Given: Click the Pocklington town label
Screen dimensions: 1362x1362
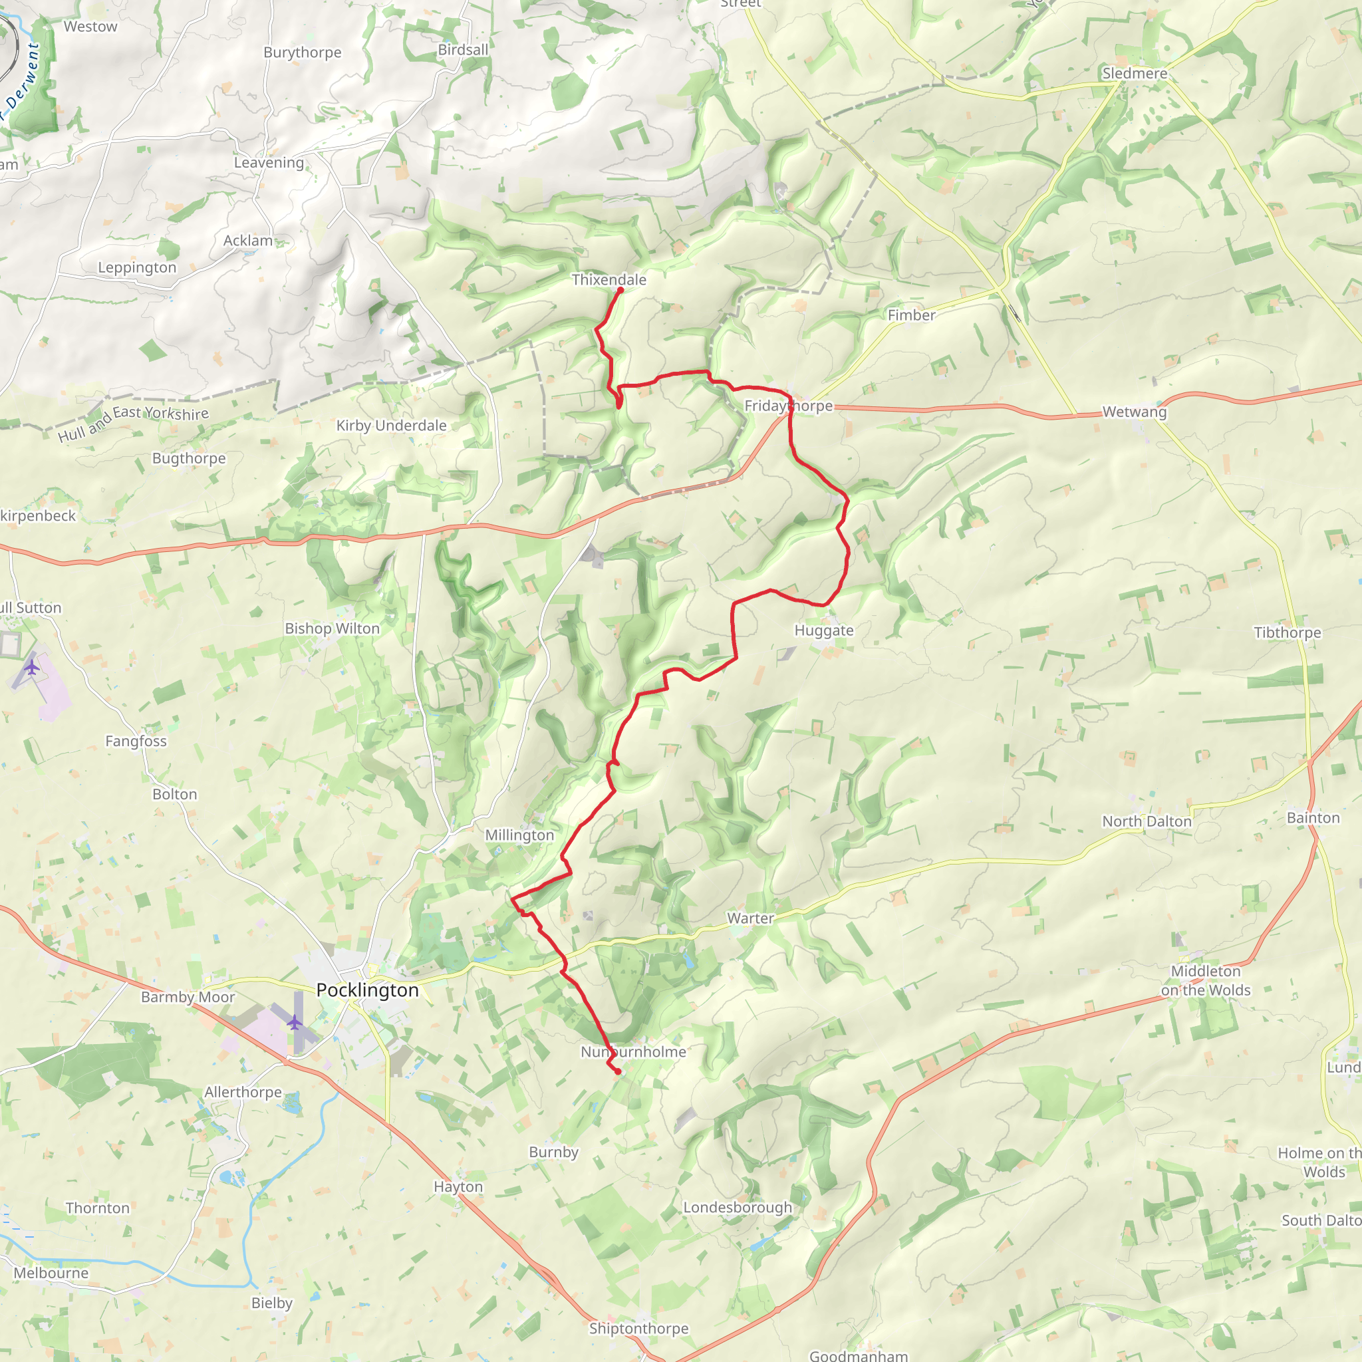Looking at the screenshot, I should pos(366,990).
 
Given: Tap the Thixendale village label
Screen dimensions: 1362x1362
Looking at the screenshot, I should pos(609,280).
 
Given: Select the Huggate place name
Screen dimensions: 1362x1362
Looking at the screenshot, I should pos(823,630).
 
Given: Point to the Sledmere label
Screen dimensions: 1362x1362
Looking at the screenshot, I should pos(1135,73).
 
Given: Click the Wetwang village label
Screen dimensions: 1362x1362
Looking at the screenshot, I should pos(1135,412).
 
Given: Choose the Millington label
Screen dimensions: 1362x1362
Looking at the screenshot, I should pos(519,835).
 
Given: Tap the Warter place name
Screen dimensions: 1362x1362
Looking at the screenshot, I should pos(750,918).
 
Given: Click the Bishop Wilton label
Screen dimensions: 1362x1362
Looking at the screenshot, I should pos(332,628).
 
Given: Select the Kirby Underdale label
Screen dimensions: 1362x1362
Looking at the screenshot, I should pos(391,425).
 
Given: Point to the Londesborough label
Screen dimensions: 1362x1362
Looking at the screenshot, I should pos(738,1208).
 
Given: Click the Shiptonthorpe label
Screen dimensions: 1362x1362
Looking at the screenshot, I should pos(638,1329).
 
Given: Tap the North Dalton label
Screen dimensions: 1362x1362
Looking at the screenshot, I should pos(1147,821).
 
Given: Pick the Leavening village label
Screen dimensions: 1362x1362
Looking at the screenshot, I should pos(269,162).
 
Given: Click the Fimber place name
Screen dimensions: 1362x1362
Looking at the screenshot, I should pos(911,315).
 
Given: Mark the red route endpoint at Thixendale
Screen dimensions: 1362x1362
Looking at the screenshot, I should pos(620,290).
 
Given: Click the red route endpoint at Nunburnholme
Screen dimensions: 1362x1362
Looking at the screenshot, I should pos(618,1071).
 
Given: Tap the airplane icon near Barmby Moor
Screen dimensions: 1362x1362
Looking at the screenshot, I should pos(294,1021).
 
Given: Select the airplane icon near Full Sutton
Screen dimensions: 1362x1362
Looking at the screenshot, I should pos(32,666).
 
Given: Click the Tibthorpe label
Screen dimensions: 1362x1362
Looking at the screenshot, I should pos(1288,632).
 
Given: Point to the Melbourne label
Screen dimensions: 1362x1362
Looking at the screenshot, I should pos(51,1273).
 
